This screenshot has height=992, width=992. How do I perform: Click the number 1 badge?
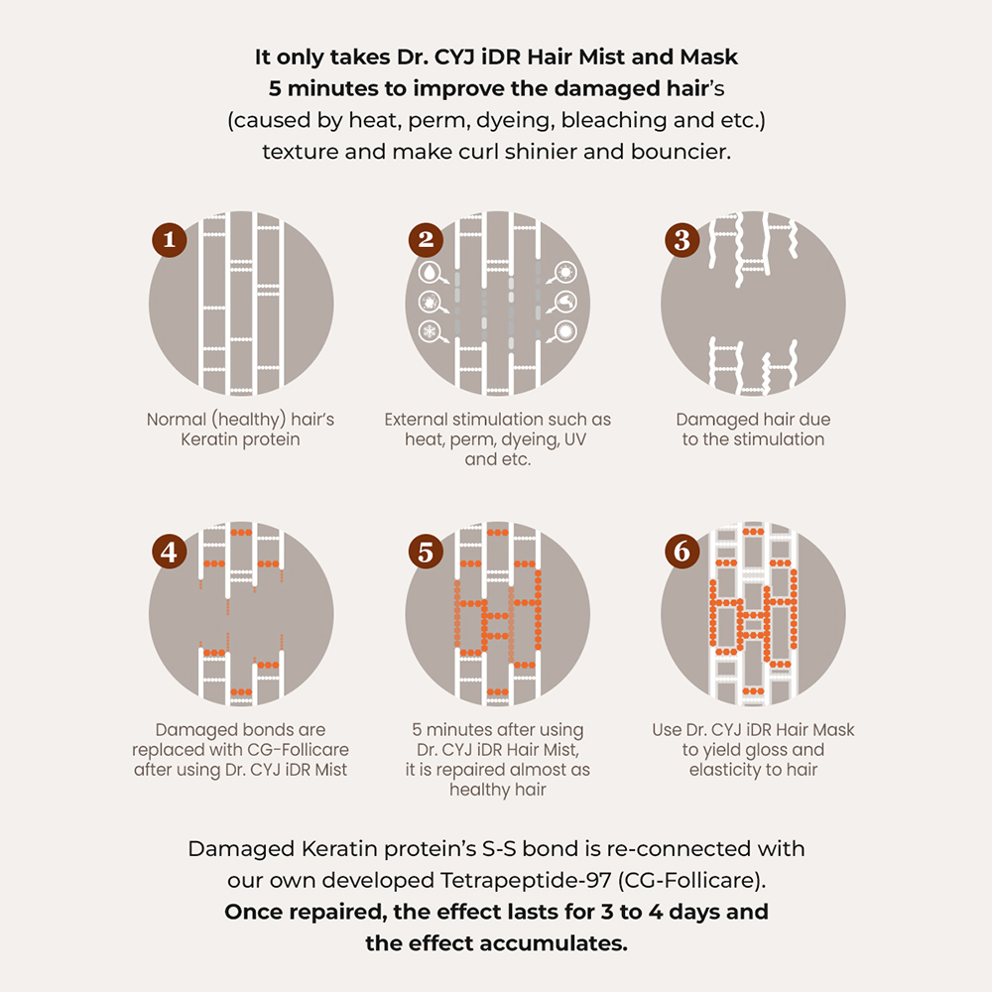pos(169,240)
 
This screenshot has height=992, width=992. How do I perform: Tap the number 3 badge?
pos(682,240)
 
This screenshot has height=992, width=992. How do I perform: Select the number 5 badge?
pos(426,551)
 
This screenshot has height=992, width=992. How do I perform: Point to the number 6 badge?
pos(682,551)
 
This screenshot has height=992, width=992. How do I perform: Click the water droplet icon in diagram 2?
pos(430,273)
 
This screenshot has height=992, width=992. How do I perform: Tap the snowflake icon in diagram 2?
pos(430,331)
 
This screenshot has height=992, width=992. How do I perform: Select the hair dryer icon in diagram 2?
pos(565,302)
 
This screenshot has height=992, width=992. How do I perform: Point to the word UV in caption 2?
pos(574,439)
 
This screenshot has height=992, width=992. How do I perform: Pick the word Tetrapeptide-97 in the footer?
pos(526,881)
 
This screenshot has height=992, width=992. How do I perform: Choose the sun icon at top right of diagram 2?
pos(565,273)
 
